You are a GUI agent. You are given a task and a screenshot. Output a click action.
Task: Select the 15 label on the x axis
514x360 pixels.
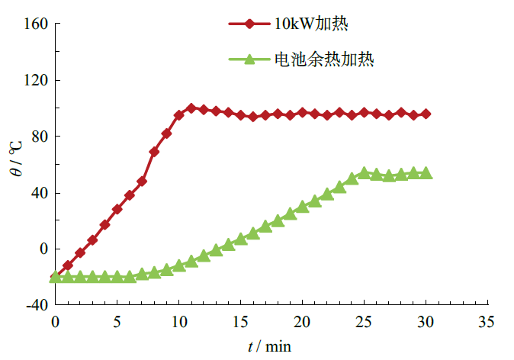[x=241, y=321]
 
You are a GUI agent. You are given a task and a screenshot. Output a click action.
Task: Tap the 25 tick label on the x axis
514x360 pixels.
[x=365, y=321]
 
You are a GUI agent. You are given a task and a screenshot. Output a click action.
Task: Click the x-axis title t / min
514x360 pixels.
[x=269, y=346]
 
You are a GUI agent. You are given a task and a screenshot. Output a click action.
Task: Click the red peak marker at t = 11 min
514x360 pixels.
[x=191, y=108]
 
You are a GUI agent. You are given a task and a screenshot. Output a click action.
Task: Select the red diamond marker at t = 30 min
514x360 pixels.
[x=426, y=114]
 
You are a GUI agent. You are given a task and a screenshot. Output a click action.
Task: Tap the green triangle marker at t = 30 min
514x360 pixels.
[x=426, y=173]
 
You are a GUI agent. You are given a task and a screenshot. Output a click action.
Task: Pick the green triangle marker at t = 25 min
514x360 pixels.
[x=365, y=173]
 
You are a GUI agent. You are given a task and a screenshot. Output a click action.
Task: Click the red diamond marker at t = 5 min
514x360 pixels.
[x=117, y=209]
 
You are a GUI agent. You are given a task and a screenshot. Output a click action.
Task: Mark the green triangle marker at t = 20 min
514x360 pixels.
[x=303, y=206]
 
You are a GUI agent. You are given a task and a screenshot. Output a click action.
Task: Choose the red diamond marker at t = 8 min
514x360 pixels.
[x=154, y=152]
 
